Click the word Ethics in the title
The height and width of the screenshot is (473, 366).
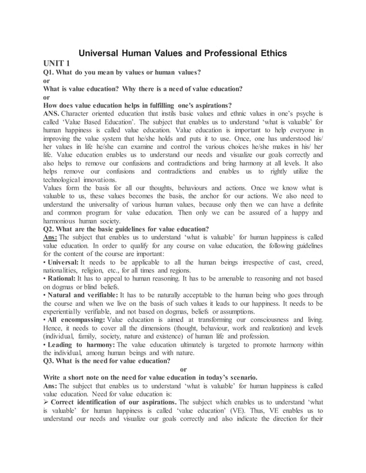[269, 53]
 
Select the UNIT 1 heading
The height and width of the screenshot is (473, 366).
[57, 64]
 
